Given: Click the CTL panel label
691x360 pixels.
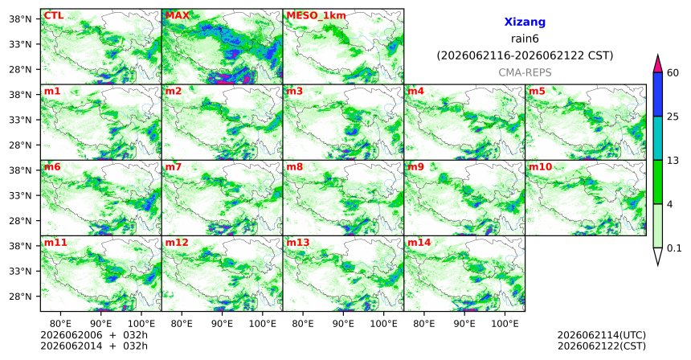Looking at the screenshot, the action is pyautogui.click(x=53, y=16).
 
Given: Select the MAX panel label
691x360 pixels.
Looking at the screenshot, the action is pyautogui.click(x=177, y=16).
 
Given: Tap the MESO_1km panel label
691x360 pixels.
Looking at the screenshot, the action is pyautogui.click(x=316, y=16).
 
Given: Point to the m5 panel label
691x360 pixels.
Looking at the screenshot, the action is pyautogui.click(x=537, y=92).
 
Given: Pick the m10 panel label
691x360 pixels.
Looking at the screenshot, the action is pyautogui.click(x=540, y=167).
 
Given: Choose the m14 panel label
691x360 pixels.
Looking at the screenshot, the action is pyautogui.click(x=419, y=243).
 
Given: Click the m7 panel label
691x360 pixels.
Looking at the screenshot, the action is pyautogui.click(x=174, y=167).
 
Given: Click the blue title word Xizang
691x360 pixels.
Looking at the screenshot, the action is pyautogui.click(x=525, y=22).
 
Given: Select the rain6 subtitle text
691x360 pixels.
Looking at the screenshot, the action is pyautogui.click(x=525, y=39).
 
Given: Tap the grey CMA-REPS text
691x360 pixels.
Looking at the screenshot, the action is pyautogui.click(x=525, y=72).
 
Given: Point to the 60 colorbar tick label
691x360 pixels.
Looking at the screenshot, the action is pyautogui.click(x=673, y=73).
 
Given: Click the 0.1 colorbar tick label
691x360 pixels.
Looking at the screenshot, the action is pyautogui.click(x=674, y=248).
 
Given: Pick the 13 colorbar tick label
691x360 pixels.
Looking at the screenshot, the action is pyautogui.click(x=673, y=161).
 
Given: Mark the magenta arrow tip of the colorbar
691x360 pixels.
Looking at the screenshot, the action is pyautogui.click(x=658, y=55).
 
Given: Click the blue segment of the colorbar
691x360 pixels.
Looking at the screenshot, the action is pyautogui.click(x=658, y=94).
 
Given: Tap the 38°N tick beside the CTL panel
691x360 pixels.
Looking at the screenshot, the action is pyautogui.click(x=21, y=19).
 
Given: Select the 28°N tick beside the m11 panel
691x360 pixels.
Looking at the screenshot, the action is pyautogui.click(x=21, y=297).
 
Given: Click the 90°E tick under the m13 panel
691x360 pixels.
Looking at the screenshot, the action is pyautogui.click(x=343, y=325).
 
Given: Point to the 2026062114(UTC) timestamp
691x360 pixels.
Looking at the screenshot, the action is pyautogui.click(x=602, y=336).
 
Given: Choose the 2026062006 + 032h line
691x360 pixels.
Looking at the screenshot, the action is pyautogui.click(x=94, y=335).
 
